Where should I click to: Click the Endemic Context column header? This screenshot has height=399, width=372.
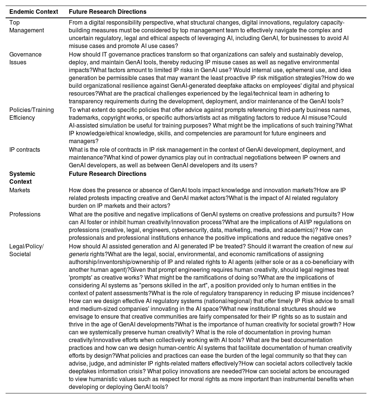tap(33, 12)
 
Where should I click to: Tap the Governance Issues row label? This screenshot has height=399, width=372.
tap(25, 58)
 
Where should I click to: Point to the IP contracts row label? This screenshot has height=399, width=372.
tap(25, 149)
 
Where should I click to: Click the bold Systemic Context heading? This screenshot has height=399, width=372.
tap(22, 177)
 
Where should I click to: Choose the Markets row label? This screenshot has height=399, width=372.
tap(20, 190)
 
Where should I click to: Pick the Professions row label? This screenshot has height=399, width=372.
tap(25, 214)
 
